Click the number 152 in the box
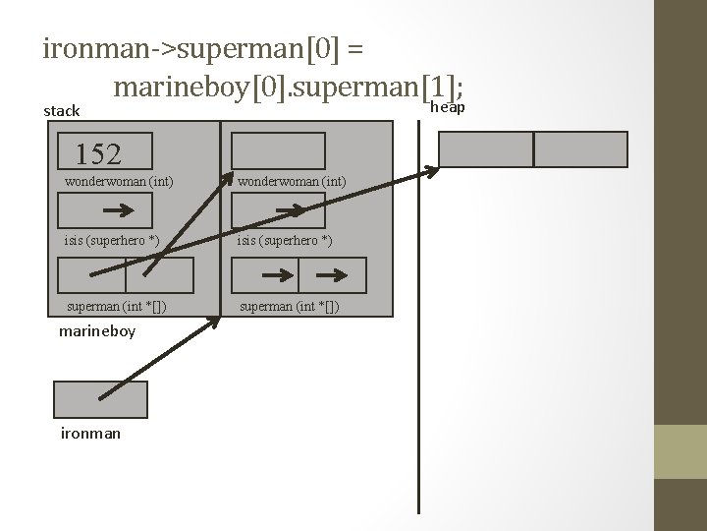(98, 154)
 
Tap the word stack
(62, 111)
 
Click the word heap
(448, 106)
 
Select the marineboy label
(97, 330)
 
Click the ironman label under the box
(90, 433)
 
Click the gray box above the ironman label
(100, 400)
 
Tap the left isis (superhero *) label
(111, 241)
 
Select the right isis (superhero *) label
(284, 241)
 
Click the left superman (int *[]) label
(115, 306)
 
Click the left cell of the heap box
(485, 148)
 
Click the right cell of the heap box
(580, 148)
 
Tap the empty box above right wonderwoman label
(278, 150)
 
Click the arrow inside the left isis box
(119, 210)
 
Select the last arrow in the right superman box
(336, 275)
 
